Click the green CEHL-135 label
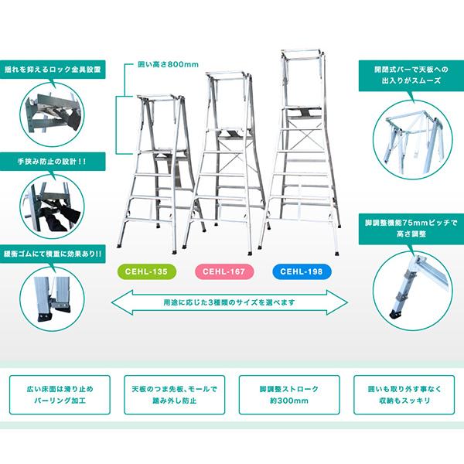click(x=147, y=271)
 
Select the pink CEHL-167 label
click(x=224, y=271)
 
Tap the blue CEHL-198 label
click(x=302, y=271)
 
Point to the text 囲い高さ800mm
click(x=168, y=64)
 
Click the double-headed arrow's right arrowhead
click(x=337, y=302)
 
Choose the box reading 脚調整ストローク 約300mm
click(x=289, y=394)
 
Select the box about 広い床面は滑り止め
click(x=60, y=394)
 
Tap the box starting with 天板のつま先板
click(x=174, y=394)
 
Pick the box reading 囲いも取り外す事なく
click(x=404, y=394)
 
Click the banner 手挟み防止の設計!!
click(x=53, y=162)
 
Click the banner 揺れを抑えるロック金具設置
click(x=53, y=70)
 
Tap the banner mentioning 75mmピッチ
click(x=411, y=228)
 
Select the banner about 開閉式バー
click(x=411, y=75)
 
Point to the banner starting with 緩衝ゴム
click(x=53, y=254)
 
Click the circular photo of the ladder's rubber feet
click(x=52, y=299)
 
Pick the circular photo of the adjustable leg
click(x=412, y=292)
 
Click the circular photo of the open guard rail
click(x=412, y=140)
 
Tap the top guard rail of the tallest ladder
click(x=302, y=52)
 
